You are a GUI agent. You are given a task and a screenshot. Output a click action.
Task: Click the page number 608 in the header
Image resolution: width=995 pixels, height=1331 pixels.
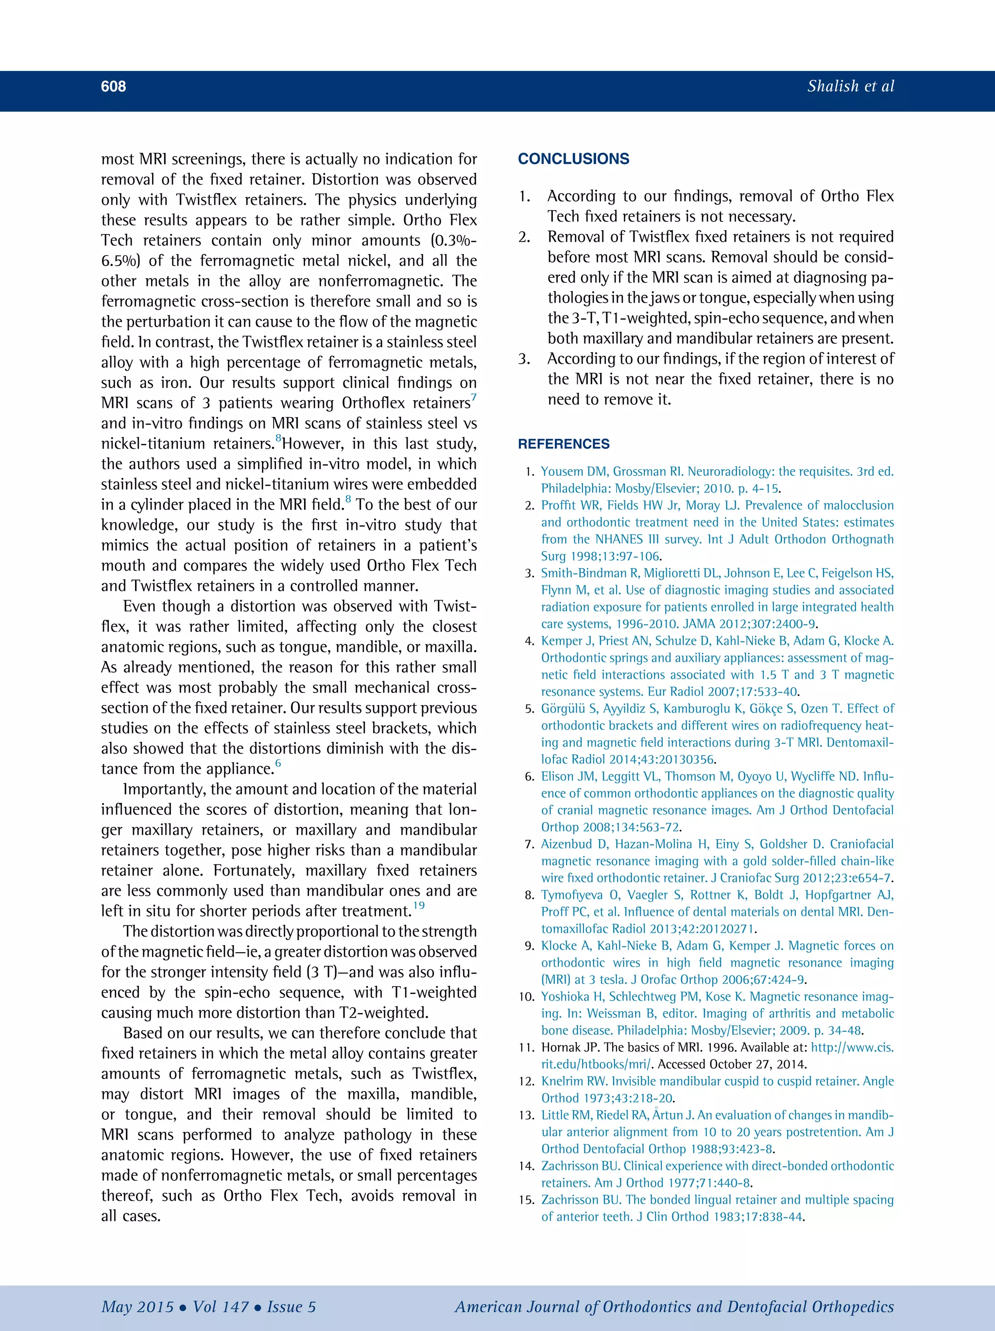tap(113, 86)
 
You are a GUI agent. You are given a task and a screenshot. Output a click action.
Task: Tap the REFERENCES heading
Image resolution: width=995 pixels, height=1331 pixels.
tap(564, 444)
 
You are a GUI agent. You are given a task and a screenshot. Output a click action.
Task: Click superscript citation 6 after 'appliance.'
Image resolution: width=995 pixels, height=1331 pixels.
tap(278, 763)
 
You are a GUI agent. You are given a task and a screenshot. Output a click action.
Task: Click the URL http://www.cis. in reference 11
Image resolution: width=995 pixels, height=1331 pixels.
tap(852, 1047)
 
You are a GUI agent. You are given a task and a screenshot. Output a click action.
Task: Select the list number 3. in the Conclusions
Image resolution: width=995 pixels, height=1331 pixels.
tap(524, 359)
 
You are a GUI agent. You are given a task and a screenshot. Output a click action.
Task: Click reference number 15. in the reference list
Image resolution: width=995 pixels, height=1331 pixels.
tap(527, 1200)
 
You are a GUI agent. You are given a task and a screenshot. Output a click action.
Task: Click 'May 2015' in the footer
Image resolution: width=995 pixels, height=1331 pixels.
tap(137, 1307)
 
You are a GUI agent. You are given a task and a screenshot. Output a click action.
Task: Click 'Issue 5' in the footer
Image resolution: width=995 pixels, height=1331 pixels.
tap(292, 1307)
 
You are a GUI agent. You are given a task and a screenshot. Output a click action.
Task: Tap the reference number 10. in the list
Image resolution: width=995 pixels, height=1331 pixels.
tap(527, 997)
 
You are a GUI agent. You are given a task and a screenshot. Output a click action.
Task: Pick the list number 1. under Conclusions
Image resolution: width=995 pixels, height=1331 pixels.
tap(524, 197)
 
